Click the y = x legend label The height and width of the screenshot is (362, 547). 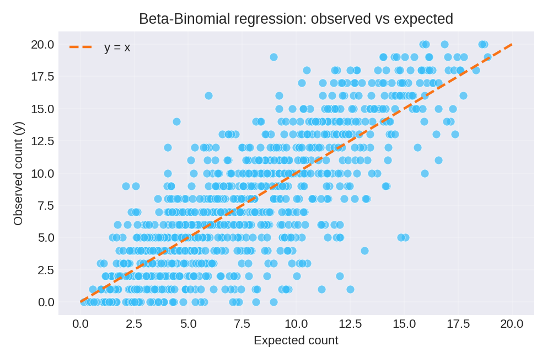117,47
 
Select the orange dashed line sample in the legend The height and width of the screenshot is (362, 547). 81,47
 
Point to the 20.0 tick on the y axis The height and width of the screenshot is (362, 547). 42,44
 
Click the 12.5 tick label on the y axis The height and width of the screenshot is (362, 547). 42,141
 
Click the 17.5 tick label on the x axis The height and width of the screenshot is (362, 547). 458,324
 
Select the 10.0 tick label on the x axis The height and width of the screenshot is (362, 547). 296,324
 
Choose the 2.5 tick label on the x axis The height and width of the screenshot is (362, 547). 135,324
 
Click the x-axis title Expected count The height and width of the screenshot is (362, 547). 296,340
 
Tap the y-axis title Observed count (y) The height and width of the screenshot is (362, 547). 18,173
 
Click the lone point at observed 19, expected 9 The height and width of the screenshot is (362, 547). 273,57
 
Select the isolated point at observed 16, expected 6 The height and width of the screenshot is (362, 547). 208,95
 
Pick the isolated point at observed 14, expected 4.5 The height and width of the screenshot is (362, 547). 176,121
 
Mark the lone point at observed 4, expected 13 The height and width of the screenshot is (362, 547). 364,251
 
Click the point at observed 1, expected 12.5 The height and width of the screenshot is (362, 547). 350,289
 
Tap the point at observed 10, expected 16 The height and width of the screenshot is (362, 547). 425,173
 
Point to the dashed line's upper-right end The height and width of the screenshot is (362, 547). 512,44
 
